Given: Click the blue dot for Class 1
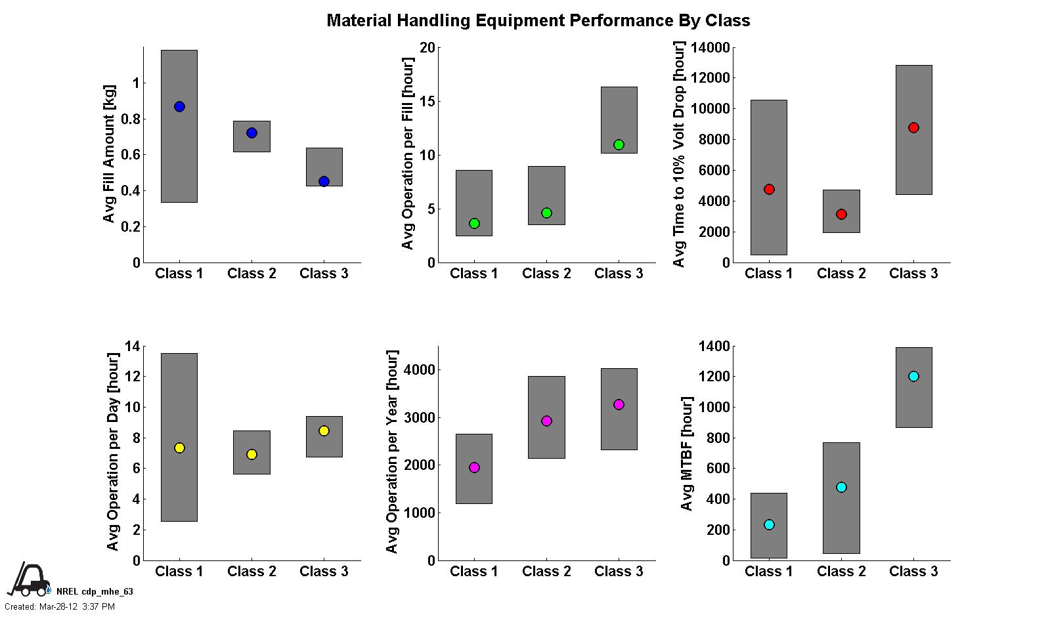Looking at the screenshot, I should [179, 107].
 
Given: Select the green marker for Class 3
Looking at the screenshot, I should [619, 145].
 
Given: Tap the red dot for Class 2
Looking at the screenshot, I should [841, 215].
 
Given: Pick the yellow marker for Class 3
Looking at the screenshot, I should [324, 431].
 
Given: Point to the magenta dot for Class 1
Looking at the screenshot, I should [474, 468].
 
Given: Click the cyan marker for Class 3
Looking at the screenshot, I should [913, 377].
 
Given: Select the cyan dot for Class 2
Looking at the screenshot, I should [841, 488].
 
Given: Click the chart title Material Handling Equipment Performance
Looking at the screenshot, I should [538, 21].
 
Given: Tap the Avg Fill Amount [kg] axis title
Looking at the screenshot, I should [110, 154].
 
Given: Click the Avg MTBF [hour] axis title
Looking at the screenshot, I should [687, 453].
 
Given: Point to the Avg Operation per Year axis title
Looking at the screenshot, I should [392, 452].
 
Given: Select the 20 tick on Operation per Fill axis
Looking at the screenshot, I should [427, 48].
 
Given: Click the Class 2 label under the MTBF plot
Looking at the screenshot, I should [841, 572].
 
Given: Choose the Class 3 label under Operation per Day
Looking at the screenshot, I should [324, 572].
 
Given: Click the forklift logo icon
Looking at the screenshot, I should [28, 580].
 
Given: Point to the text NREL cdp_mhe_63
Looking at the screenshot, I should [95, 592].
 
